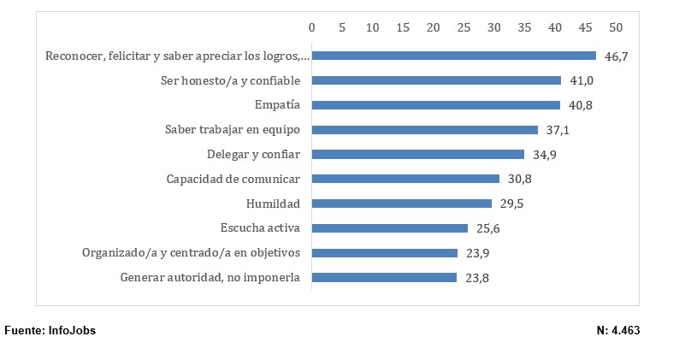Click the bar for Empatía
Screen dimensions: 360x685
pos(436,105)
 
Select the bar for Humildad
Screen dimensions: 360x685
pos(402,204)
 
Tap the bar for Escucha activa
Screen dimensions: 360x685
pos(390,228)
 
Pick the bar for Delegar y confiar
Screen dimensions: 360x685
pos(418,155)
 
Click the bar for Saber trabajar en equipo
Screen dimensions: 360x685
pos(425,130)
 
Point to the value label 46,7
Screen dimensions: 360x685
pos(615,56)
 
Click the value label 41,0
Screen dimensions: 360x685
pos(581,80)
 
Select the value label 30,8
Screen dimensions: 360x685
pos(518,180)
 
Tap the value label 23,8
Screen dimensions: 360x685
pos(475,278)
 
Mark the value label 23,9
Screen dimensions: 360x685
pos(476,253)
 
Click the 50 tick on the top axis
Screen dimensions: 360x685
pos(616,27)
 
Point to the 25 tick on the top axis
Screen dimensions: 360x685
pos(464,27)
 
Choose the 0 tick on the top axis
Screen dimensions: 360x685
pos(312,27)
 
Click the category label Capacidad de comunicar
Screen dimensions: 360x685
pos(233,180)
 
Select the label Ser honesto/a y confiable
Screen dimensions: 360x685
pos(230,80)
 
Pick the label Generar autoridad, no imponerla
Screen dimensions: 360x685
pos(210,278)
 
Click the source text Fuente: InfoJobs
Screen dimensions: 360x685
pos(50,331)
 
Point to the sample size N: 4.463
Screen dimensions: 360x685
pos(618,331)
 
